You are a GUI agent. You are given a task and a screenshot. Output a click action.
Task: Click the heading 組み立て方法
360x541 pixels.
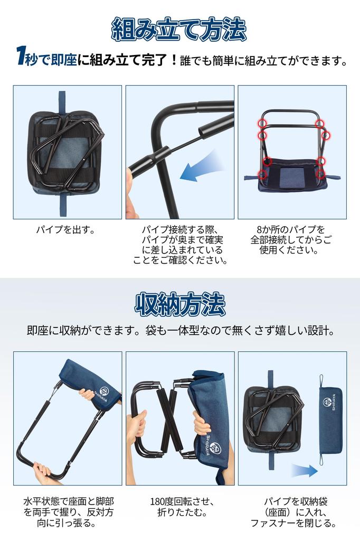coord(179,29)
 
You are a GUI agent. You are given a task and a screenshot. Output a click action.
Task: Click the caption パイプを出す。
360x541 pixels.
coord(68,230)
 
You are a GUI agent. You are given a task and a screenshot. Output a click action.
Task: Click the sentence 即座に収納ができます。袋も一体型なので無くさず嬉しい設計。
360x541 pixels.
coord(179,331)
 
